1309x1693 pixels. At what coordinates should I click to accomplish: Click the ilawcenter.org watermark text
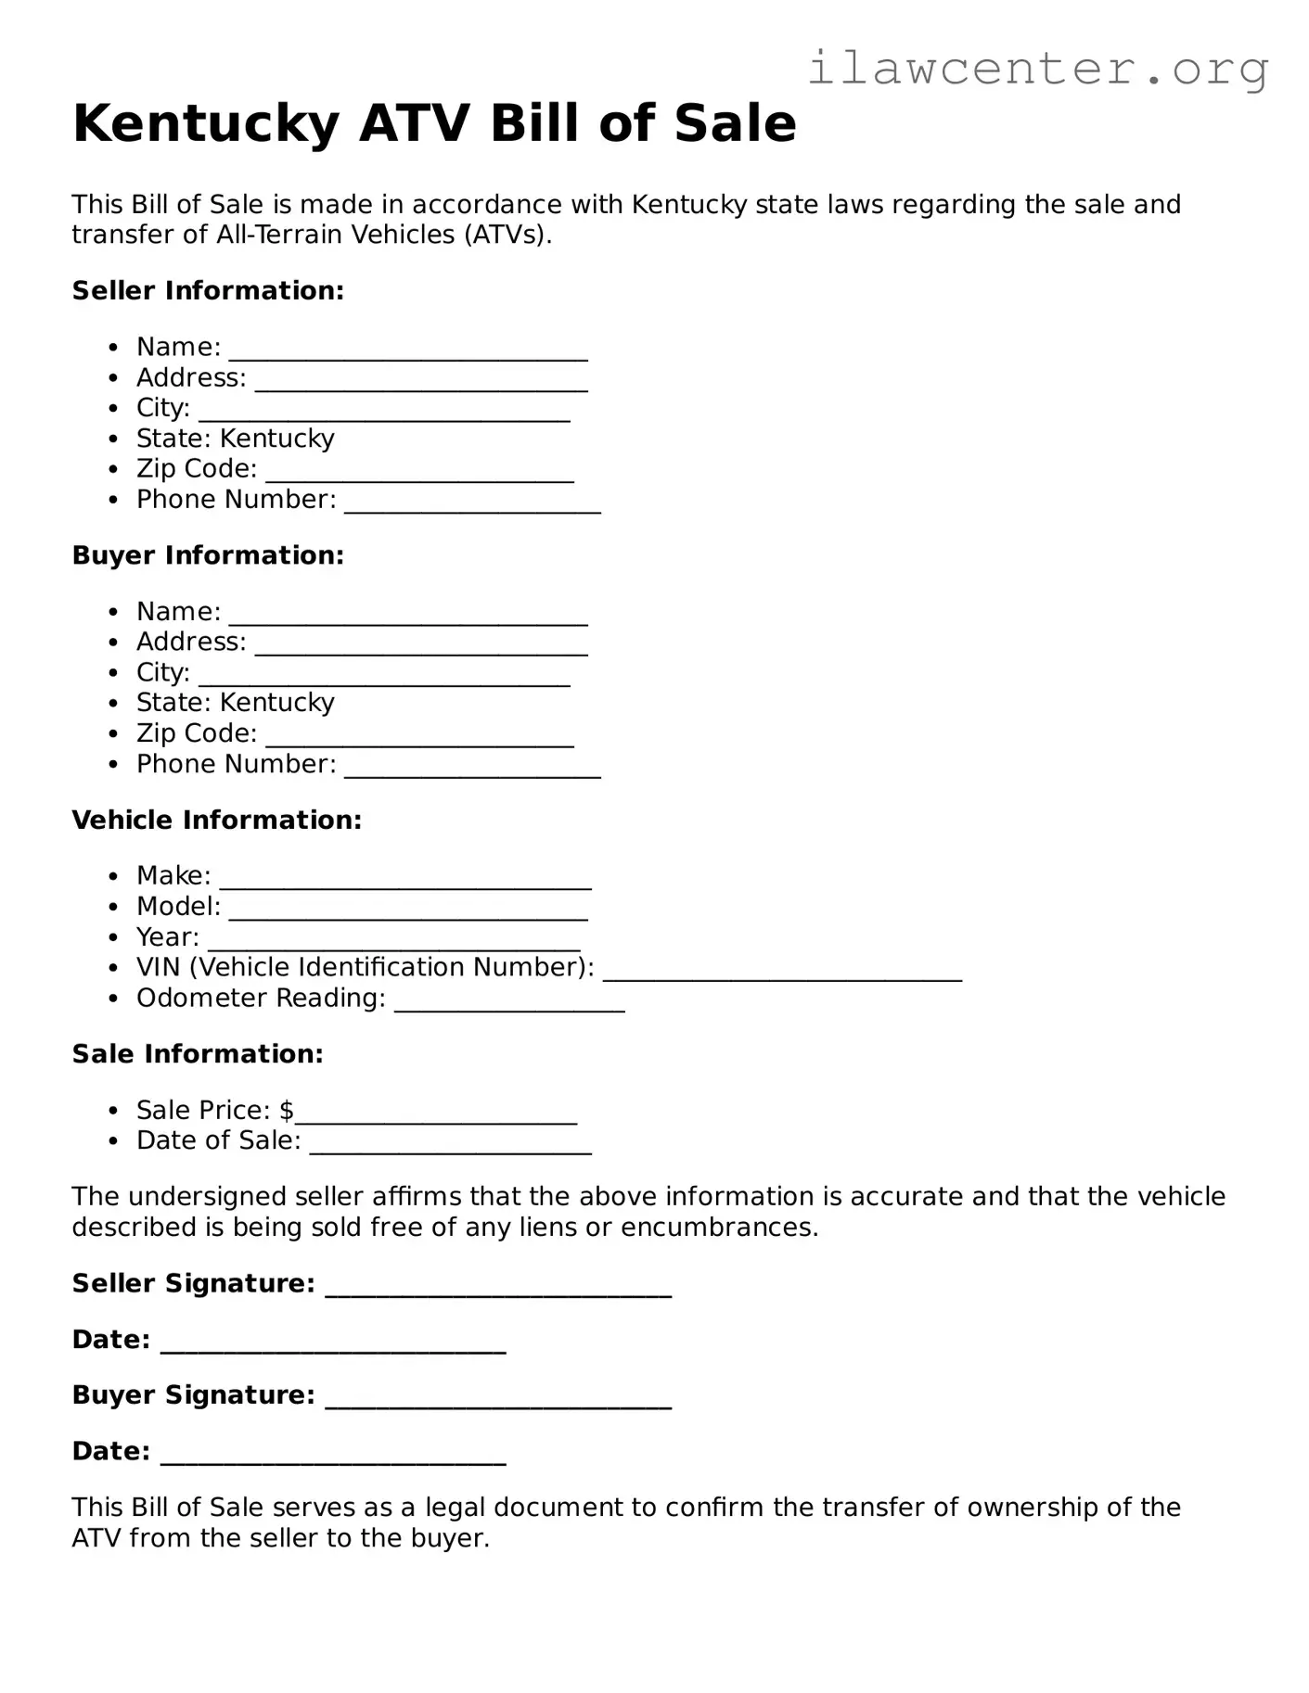[x=1037, y=69]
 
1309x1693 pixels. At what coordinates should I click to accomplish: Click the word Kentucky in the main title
[x=206, y=123]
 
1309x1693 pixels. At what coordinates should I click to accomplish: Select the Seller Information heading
[x=208, y=291]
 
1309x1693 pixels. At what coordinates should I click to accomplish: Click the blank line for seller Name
[x=408, y=354]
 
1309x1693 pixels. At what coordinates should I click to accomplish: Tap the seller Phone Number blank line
[x=472, y=507]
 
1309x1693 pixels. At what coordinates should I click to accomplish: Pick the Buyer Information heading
[x=208, y=555]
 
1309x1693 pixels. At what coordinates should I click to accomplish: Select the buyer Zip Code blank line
[x=419, y=741]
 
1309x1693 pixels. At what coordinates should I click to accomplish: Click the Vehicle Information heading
[x=216, y=821]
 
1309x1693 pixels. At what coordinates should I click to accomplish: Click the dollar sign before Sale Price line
[x=287, y=1111]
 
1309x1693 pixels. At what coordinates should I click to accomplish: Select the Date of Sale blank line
[x=451, y=1148]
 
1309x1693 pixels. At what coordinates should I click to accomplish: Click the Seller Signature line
[x=498, y=1291]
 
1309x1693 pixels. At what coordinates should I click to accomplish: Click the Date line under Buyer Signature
[x=333, y=1458]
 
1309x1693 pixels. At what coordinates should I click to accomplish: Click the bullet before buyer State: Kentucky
[x=113, y=704]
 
